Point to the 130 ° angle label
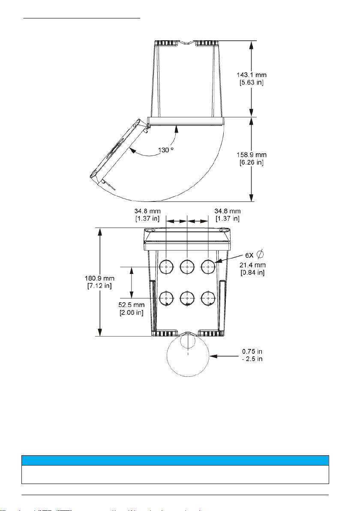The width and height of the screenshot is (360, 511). [166, 150]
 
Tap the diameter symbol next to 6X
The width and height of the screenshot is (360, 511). [260, 254]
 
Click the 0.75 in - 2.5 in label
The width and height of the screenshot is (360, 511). [252, 355]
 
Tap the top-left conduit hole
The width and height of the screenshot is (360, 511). [166, 267]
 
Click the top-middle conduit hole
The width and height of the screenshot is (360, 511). [187, 267]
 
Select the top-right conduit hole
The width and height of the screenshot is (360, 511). [208, 267]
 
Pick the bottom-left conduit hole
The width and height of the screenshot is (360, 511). [166, 298]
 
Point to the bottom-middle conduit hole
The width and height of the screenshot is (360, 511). [187, 298]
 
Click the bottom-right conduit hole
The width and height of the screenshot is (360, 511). [208, 298]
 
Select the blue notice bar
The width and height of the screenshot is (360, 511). [175, 460]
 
